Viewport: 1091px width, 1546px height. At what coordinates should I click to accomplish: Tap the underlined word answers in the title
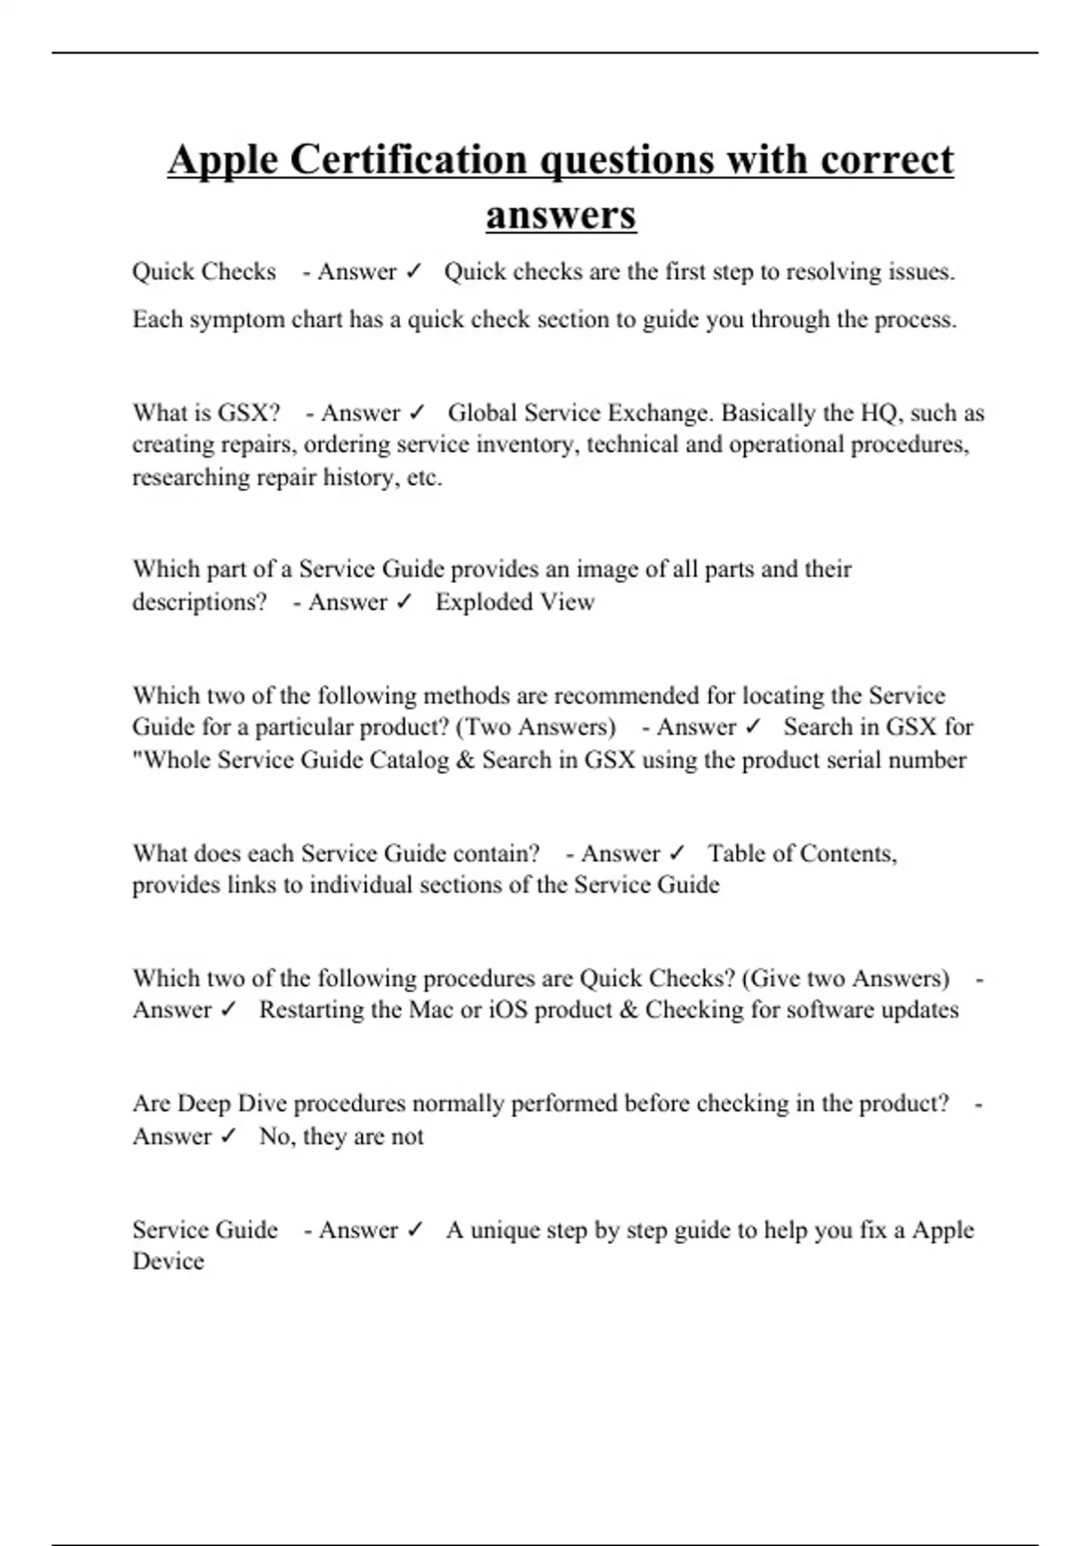coord(560,216)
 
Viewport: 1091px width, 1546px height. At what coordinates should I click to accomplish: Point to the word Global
coord(485,414)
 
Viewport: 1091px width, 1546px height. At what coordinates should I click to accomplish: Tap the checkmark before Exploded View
coord(405,602)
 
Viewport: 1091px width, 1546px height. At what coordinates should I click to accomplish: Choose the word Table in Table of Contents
coord(736,854)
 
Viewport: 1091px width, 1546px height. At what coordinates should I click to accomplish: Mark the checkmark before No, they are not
coord(228,1137)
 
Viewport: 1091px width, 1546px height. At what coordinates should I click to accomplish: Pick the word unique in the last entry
coord(504,1230)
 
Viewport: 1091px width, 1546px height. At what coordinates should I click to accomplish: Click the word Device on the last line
coord(168,1261)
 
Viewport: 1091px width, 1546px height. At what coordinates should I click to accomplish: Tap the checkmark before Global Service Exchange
coord(416,414)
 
